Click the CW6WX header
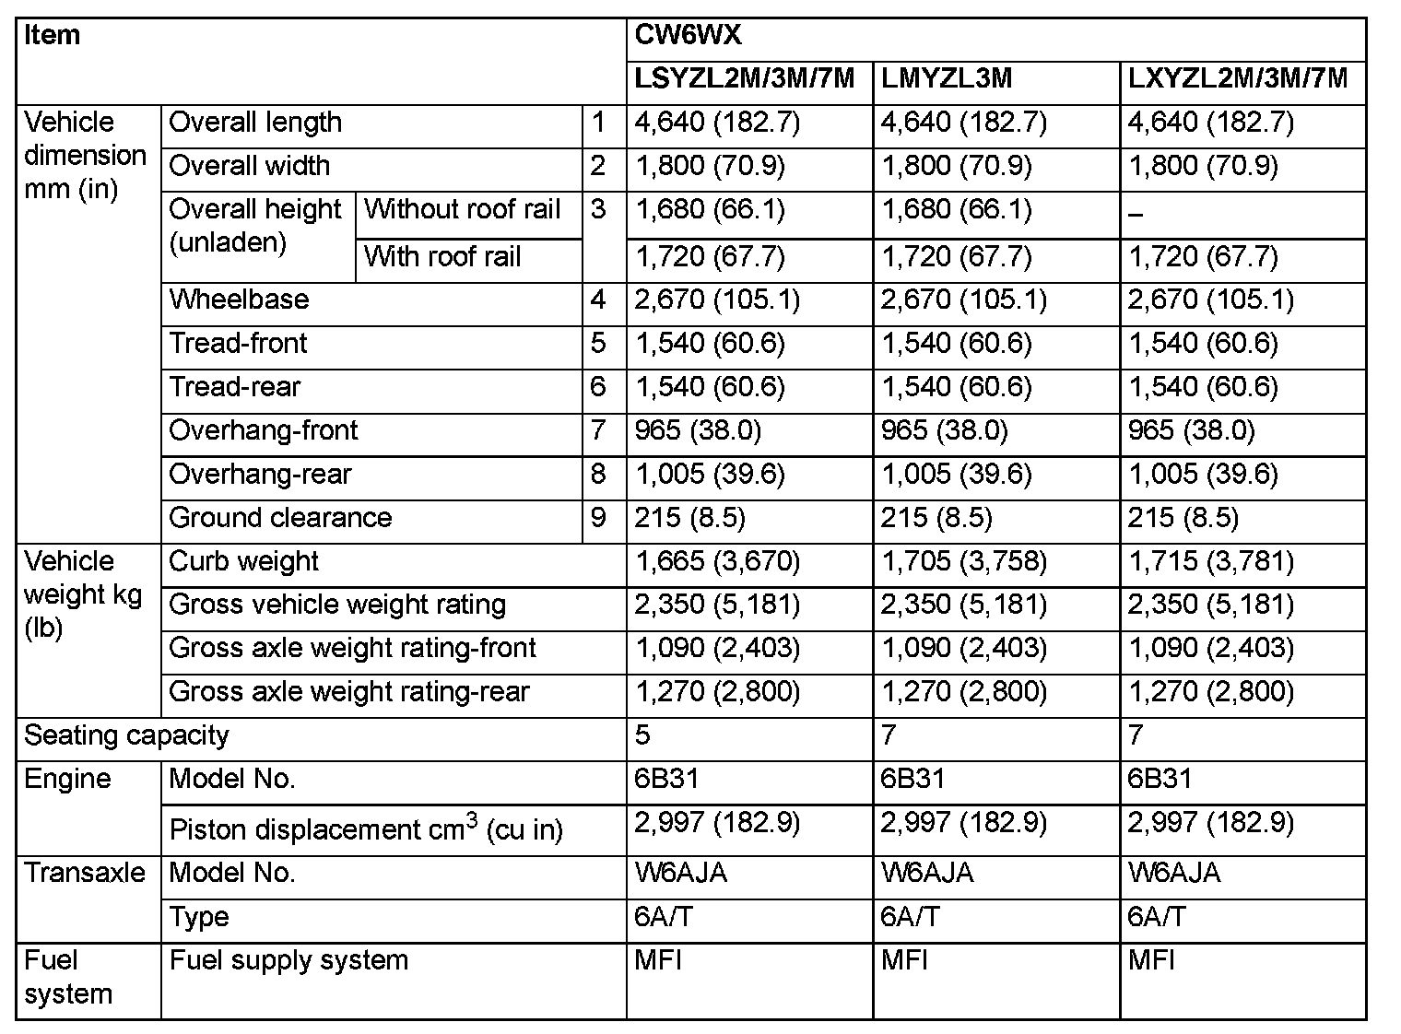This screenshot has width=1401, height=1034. pyautogui.click(x=688, y=37)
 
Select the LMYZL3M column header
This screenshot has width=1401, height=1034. pyautogui.click(x=947, y=79)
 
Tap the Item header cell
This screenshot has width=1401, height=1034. pyautogui.click(x=53, y=37)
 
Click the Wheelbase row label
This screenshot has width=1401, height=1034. pyautogui.click(x=239, y=300)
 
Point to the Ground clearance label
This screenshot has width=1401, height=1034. pyautogui.click(x=280, y=518)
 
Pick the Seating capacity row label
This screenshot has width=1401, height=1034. pyautogui.click(x=126, y=735)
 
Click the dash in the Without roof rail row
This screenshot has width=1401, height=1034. pyautogui.click(x=1135, y=215)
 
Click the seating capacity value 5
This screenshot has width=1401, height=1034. pyautogui.click(x=642, y=735)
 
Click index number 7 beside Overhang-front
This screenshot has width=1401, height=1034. pyautogui.click(x=598, y=430)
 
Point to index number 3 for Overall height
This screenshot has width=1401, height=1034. pyautogui.click(x=598, y=210)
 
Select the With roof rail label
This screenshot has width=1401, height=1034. pyautogui.click(x=442, y=257)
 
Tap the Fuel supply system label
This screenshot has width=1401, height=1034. pyautogui.click(x=288, y=960)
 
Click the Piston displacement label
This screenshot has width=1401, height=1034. pyautogui.click(x=366, y=829)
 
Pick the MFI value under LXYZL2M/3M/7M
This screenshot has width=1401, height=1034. pyautogui.click(x=1151, y=960)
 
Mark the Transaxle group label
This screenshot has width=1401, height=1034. pyautogui.click(x=85, y=873)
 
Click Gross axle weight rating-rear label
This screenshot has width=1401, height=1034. pyautogui.click(x=349, y=692)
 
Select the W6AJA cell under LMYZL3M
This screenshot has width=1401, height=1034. pyautogui.click(x=926, y=873)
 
